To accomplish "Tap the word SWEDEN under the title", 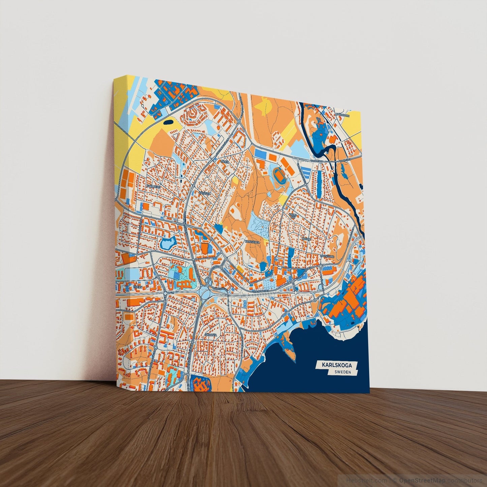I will (x=343, y=372).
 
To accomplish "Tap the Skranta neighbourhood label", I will (x=211, y=335).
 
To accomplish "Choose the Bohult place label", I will (x=306, y=239).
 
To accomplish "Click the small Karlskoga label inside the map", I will (x=252, y=242).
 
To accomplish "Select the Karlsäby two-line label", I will (x=293, y=216).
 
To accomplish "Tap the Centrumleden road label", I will (x=261, y=291).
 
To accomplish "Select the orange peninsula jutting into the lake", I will (x=291, y=351).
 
